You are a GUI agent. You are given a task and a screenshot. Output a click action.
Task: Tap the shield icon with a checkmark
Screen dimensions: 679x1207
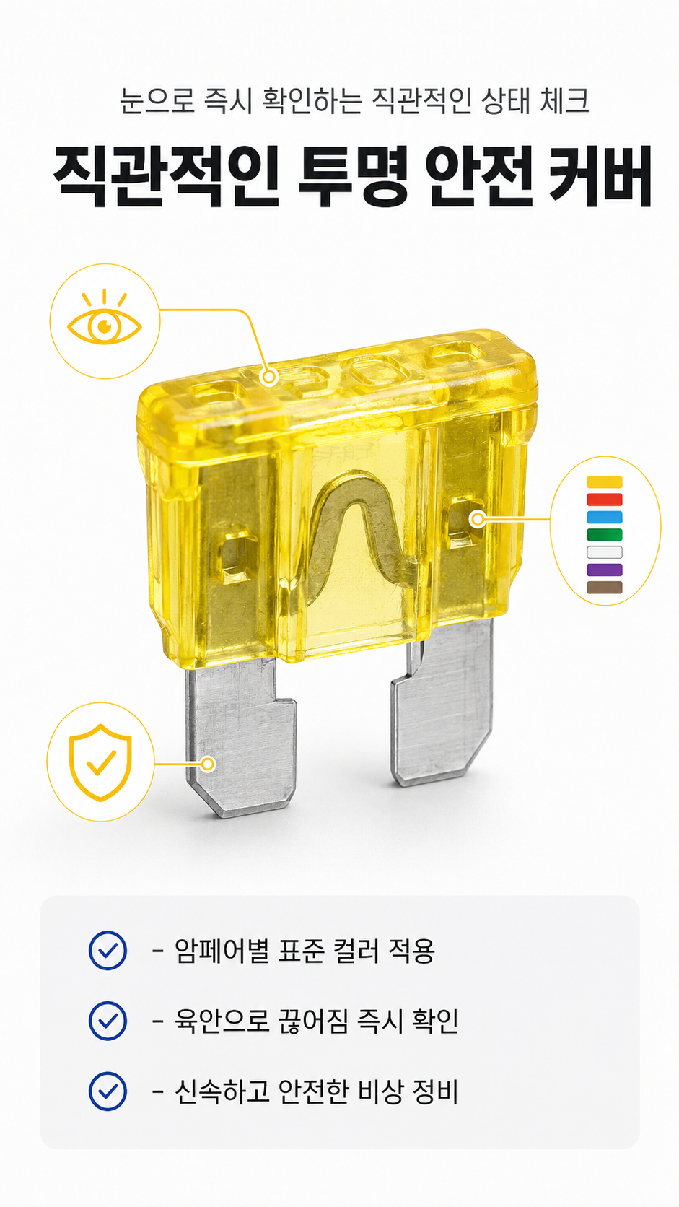click(101, 762)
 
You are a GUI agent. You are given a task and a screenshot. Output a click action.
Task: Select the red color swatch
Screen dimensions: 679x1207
click(604, 500)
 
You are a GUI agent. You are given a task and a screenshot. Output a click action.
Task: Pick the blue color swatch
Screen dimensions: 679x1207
click(604, 518)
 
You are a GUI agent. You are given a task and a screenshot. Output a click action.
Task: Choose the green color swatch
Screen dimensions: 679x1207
click(604, 534)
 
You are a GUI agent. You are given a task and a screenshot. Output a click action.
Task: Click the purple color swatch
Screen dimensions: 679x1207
click(604, 570)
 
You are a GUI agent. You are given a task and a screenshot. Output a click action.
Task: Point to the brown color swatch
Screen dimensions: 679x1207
click(604, 588)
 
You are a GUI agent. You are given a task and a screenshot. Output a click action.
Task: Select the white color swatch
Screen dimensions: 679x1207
click(604, 552)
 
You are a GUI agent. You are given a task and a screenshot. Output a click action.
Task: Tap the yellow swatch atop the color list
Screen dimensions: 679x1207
click(604, 482)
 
